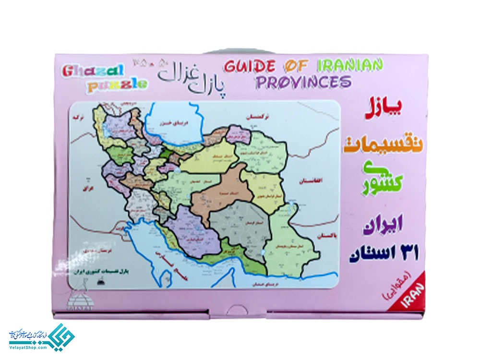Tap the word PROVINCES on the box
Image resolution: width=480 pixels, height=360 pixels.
tap(303, 82)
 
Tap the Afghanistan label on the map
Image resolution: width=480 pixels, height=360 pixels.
tap(314, 181)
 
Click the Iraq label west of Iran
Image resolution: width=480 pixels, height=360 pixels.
tap(87, 188)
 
